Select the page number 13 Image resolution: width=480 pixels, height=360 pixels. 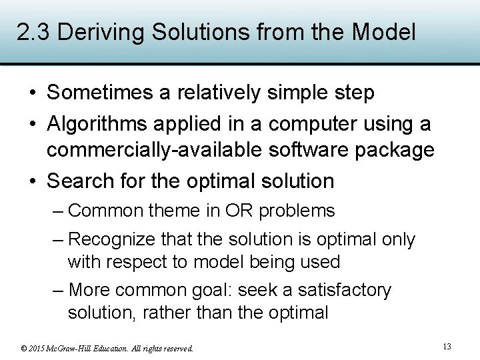(447, 346)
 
